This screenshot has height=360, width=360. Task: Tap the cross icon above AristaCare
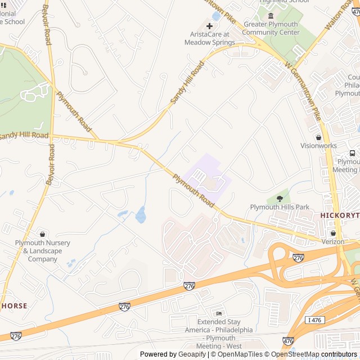click(x=210, y=26)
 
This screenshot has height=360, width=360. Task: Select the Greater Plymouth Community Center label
click(x=271, y=28)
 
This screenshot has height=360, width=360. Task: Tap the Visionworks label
click(x=318, y=146)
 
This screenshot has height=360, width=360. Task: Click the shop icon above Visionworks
click(x=318, y=137)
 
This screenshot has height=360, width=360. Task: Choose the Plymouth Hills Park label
click(x=280, y=207)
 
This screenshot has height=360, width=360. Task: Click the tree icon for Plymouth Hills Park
click(x=280, y=198)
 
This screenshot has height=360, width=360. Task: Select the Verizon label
click(x=333, y=241)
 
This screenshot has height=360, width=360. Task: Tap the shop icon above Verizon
click(x=333, y=232)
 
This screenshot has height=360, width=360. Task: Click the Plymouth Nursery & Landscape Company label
click(x=43, y=251)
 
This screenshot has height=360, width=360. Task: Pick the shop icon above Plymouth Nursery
click(x=43, y=233)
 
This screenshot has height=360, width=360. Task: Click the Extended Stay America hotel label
click(x=219, y=334)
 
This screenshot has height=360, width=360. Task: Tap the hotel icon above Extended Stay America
click(x=219, y=313)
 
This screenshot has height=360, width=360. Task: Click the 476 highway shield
click(x=288, y=341)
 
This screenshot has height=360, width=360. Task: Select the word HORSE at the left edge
click(x=13, y=305)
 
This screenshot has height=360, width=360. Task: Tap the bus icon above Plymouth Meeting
click(x=352, y=153)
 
